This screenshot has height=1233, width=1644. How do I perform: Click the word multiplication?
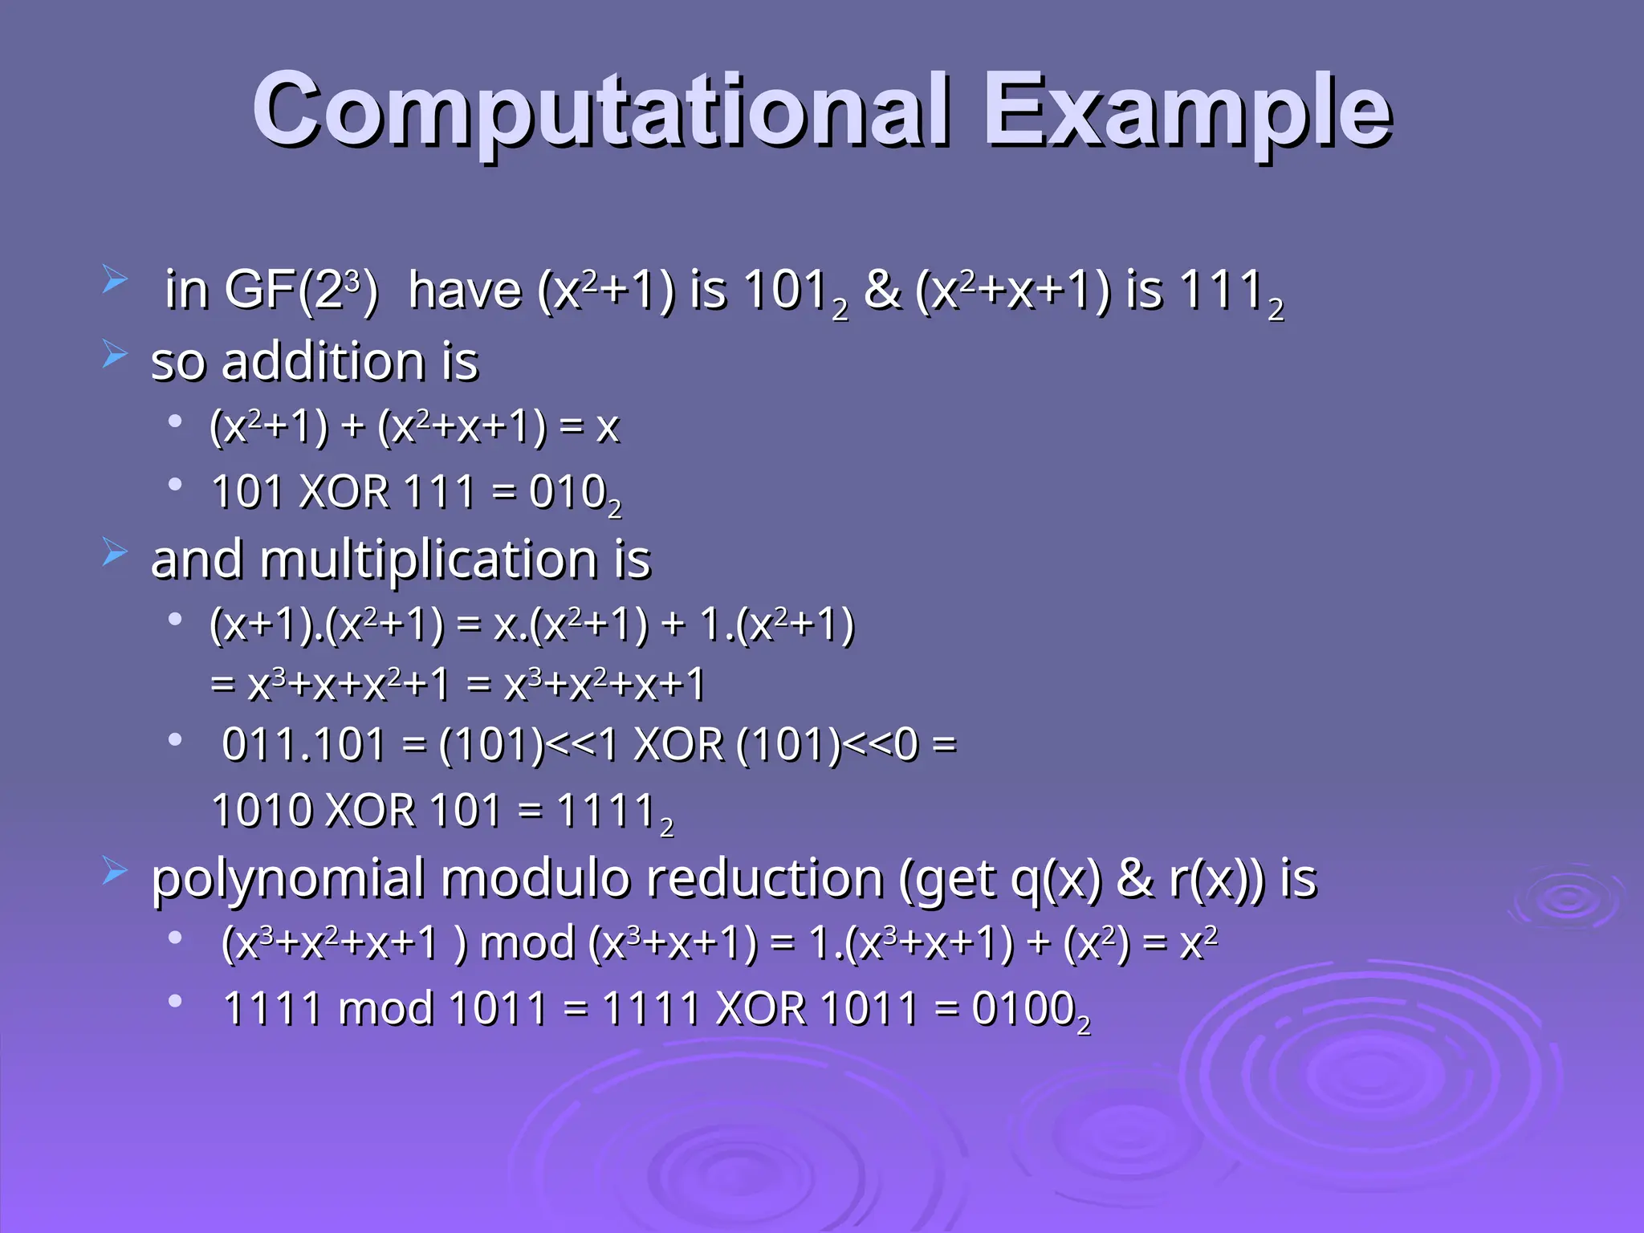(429, 560)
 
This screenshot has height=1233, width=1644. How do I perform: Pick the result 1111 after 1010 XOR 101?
(607, 810)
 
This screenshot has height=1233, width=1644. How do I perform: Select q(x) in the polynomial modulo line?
(1056, 878)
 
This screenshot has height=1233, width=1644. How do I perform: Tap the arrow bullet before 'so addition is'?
(114, 353)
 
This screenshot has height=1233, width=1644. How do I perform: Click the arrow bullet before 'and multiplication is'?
(114, 552)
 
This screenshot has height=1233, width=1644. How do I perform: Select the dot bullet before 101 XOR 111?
(175, 484)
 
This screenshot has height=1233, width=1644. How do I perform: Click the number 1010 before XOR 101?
(262, 810)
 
